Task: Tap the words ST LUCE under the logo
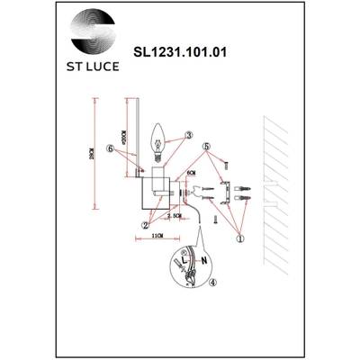tap(94, 66)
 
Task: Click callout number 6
tap(109, 148)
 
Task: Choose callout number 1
tap(239, 238)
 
